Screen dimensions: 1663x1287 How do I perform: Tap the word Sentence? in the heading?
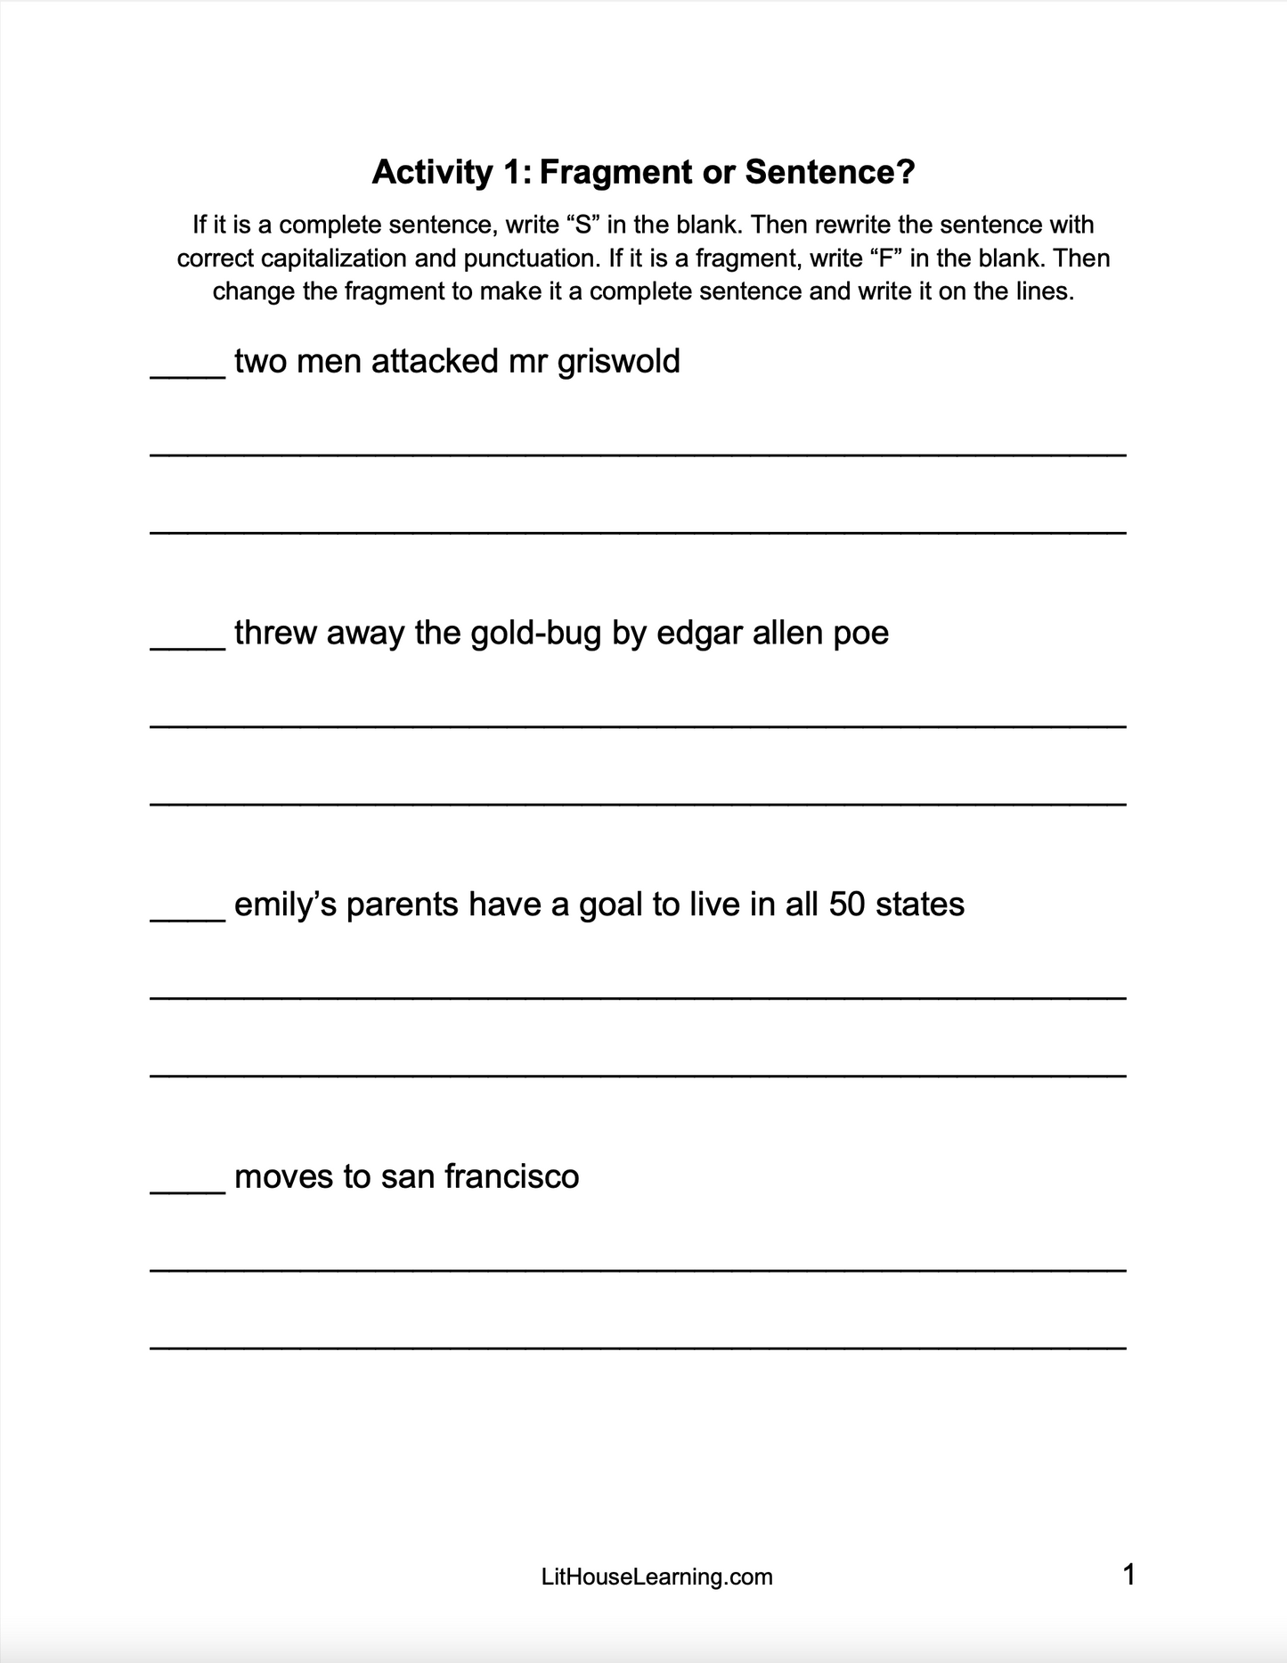(x=830, y=172)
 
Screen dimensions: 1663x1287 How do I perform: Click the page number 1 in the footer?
(x=1128, y=1575)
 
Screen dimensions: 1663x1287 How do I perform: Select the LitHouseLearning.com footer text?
(x=656, y=1577)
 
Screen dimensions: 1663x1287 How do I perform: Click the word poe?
(x=860, y=634)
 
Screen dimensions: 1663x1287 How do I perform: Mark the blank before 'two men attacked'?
(x=188, y=374)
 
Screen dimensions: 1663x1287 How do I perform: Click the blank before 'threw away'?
(x=188, y=646)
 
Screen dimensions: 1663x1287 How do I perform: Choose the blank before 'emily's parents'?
(x=188, y=918)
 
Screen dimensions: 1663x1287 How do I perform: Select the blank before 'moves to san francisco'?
(x=188, y=1190)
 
